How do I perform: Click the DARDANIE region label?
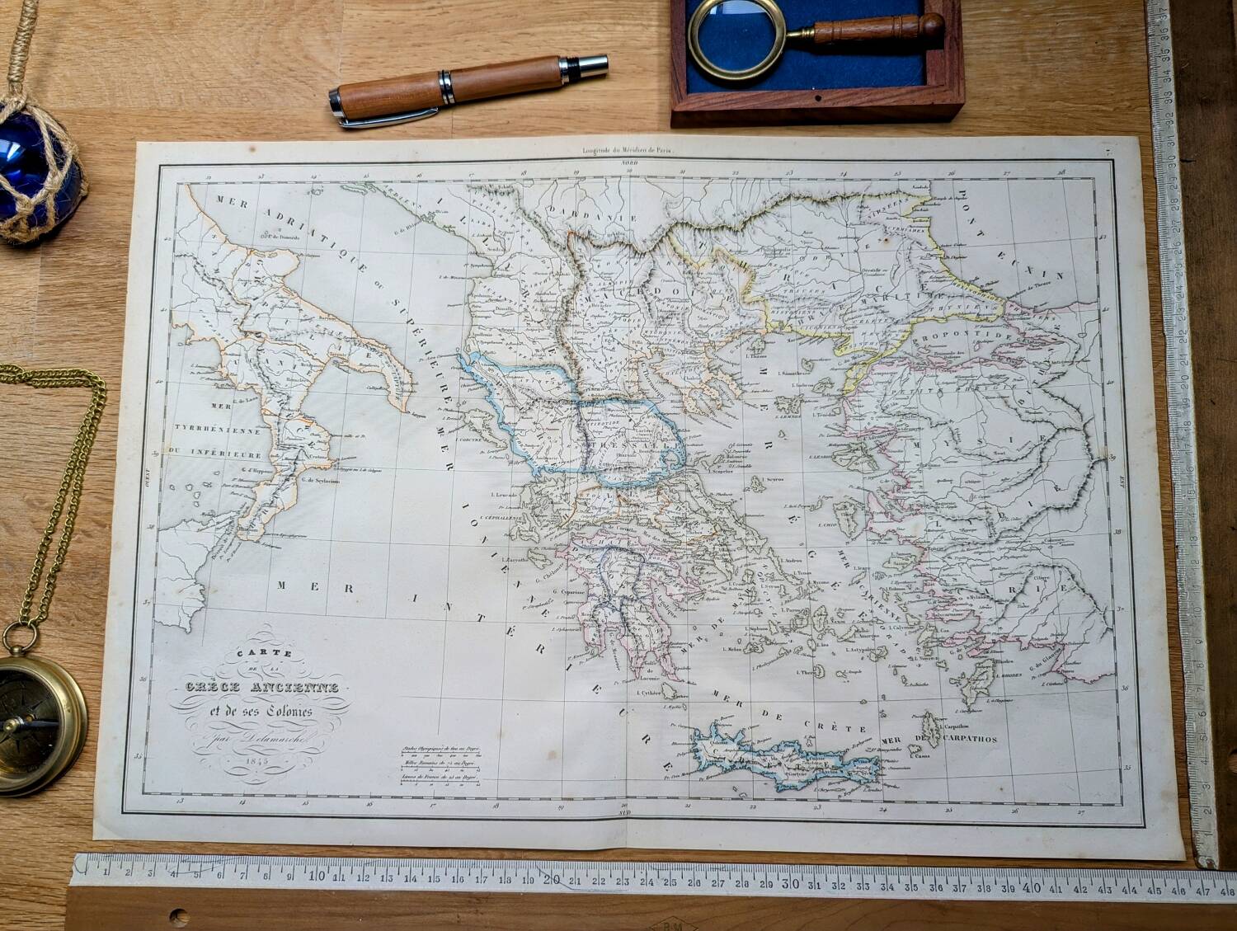click(x=604, y=217)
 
